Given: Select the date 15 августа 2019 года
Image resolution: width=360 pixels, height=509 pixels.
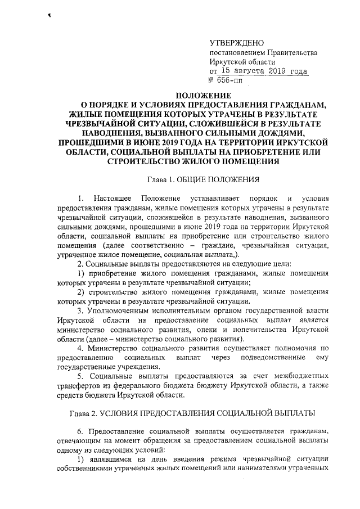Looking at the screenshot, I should point(264,71).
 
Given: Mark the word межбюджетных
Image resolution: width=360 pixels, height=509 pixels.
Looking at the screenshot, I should point(301,375).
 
